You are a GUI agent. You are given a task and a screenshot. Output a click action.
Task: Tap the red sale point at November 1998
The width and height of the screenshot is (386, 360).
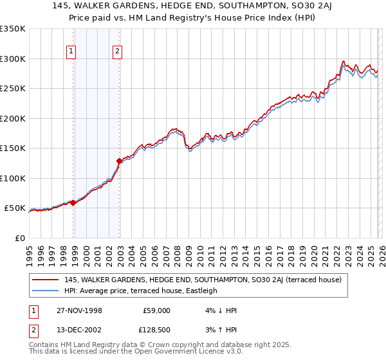tap(73, 203)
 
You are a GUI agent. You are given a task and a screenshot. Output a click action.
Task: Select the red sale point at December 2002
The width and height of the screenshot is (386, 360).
tap(119, 161)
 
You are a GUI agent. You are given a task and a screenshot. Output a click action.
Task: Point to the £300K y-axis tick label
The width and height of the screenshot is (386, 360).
tap(13, 59)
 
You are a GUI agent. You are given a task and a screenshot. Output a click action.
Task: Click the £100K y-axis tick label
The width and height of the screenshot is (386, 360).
tap(13, 178)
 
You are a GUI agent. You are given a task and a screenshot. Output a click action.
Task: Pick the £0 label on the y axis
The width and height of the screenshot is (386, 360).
tap(19, 238)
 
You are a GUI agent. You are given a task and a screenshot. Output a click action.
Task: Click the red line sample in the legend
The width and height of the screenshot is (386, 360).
tap(45, 280)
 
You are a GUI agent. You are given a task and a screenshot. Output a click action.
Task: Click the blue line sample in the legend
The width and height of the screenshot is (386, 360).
tap(45, 291)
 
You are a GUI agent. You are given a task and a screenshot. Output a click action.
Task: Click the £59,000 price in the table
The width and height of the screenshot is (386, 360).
tap(156, 310)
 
